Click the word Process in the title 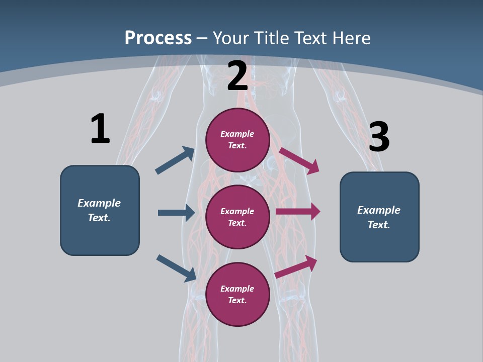(158, 38)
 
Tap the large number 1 (100, 129)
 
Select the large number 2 (237, 76)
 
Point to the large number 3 (379, 137)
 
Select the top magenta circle (237, 156)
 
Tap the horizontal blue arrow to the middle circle (176, 213)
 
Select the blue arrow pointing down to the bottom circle (176, 268)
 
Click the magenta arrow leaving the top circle (299, 160)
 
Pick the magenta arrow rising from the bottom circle (296, 267)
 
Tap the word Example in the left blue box (99, 203)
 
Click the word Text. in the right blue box (379, 225)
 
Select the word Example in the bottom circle (237, 289)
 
